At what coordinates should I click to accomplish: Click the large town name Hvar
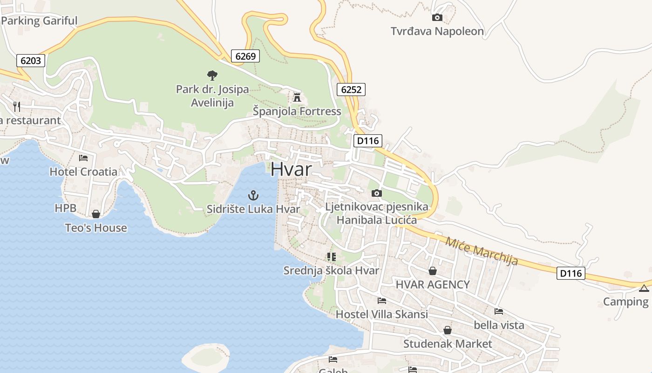click(291, 169)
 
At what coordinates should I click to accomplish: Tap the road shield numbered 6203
click(31, 60)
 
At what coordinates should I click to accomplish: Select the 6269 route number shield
click(245, 56)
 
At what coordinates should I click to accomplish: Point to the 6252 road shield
click(351, 89)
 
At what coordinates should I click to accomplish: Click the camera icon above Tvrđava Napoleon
click(437, 18)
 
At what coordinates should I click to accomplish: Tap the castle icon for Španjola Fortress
click(297, 97)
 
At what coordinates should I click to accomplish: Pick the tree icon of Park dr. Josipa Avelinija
click(212, 75)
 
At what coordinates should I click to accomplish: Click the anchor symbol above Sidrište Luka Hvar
click(253, 195)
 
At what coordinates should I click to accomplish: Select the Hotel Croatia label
click(83, 172)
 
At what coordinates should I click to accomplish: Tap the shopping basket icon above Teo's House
click(96, 214)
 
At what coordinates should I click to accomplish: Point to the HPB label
click(65, 208)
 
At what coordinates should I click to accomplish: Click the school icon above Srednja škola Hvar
click(331, 256)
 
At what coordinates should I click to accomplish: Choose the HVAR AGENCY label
click(433, 284)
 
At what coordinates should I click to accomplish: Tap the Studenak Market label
click(448, 344)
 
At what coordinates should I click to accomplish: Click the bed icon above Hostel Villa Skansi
click(382, 301)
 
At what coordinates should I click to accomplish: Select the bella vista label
click(499, 325)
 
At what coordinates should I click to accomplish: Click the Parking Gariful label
click(39, 21)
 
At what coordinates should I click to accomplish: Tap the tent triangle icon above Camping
click(644, 288)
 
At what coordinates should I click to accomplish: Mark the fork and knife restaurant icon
click(17, 106)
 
